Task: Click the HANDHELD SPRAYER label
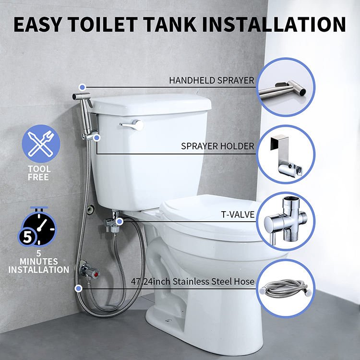click(x=211, y=81)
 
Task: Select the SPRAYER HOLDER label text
click(x=217, y=146)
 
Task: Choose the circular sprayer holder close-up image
click(x=286, y=154)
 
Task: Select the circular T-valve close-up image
click(x=286, y=221)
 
